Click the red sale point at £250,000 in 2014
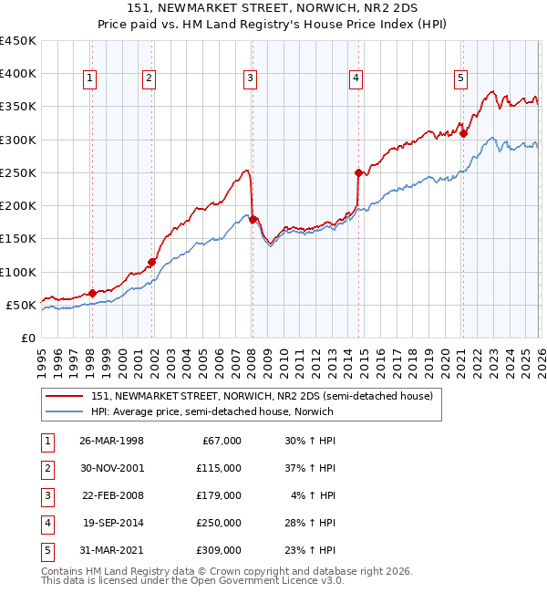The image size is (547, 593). tap(358, 172)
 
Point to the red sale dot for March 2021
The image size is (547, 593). tap(463, 133)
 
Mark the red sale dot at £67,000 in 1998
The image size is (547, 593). tap(92, 293)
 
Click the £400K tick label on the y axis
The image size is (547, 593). tap(18, 74)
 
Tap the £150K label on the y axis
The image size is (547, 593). tap(18, 239)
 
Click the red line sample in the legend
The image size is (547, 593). tap(64, 396)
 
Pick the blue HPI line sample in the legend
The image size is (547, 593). tap(64, 411)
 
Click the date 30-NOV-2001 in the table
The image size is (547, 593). tap(112, 468)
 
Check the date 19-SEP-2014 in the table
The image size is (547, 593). tap(112, 524)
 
